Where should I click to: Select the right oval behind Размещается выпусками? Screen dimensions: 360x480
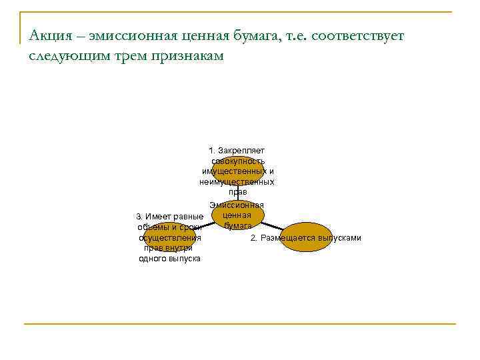[305, 237]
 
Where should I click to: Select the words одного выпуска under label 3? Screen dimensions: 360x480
[169, 259]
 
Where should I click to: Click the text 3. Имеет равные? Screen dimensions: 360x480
[169, 217]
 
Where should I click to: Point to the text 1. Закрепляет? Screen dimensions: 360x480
[237, 151]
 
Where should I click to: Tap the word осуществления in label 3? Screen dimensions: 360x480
[169, 238]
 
